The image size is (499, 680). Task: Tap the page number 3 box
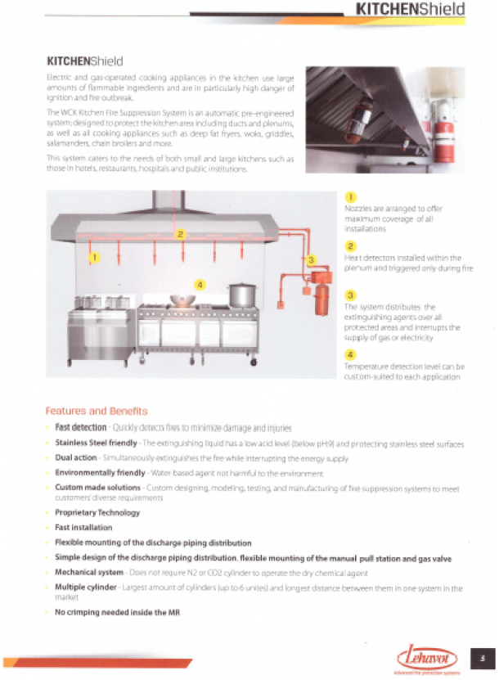click(483, 656)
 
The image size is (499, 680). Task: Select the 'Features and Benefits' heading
click(96, 411)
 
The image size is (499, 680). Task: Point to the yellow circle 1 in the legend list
click(350, 197)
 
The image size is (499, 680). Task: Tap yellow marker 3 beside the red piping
click(311, 260)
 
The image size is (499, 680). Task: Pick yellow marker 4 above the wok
click(200, 284)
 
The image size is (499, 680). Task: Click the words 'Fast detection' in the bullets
click(80, 428)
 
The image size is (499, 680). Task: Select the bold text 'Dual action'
click(75, 458)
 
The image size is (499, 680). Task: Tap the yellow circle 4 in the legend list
click(350, 354)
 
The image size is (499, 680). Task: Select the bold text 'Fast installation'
click(83, 528)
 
